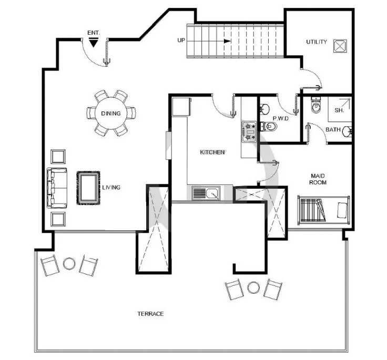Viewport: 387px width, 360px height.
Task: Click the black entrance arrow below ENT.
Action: point(93,43)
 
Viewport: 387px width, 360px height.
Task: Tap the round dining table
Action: point(111,114)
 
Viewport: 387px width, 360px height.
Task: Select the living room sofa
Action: point(57,188)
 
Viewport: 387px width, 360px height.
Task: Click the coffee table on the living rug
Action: point(88,188)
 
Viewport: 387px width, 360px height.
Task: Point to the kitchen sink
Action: point(206,193)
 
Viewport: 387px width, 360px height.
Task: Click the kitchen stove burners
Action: point(249,132)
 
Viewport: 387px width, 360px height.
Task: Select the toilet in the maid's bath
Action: point(315,105)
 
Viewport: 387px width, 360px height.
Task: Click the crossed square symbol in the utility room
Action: point(340,46)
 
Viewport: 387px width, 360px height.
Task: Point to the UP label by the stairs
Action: point(181,40)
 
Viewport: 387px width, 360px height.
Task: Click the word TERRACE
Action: point(150,314)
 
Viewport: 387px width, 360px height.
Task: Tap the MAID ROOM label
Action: point(318,179)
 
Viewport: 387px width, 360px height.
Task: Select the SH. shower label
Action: point(339,110)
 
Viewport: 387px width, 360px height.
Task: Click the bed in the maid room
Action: point(323,210)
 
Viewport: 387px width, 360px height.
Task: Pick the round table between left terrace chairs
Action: point(69,263)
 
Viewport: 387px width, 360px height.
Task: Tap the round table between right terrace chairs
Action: point(253,287)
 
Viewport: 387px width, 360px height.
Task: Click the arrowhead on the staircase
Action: point(227,41)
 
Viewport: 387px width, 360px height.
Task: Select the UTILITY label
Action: point(317,42)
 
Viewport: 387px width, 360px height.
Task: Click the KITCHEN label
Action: point(212,152)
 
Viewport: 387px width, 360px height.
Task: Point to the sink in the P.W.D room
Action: point(264,109)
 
